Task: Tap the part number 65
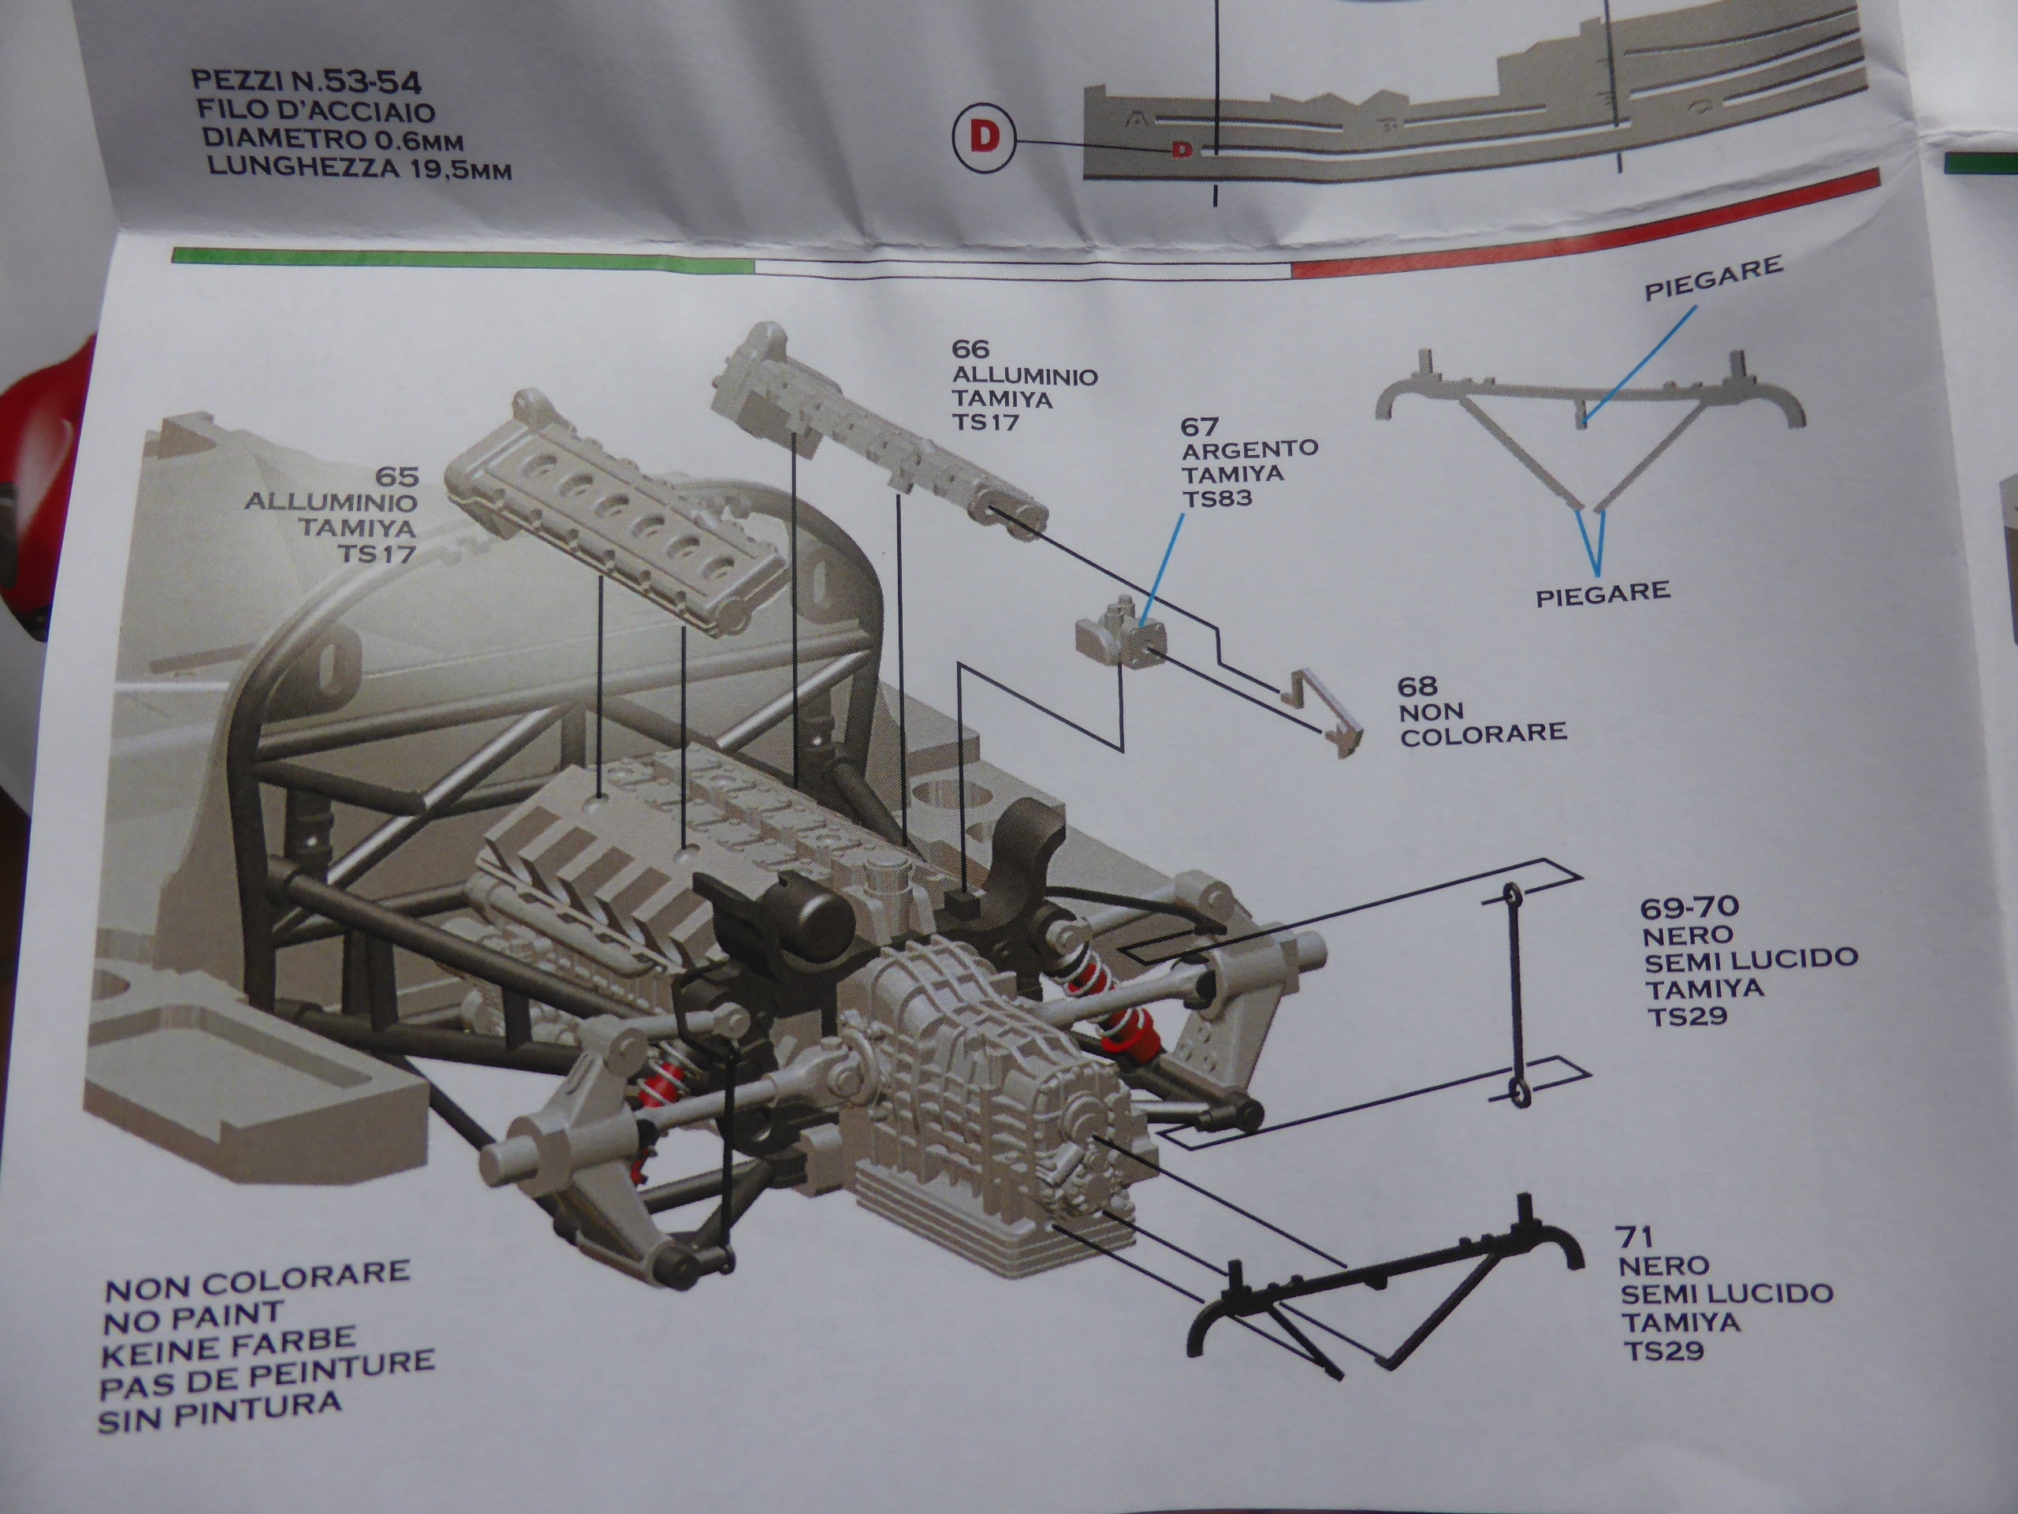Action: coord(397,476)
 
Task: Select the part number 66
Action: coord(970,349)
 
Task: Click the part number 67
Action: coord(1200,426)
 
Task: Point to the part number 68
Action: coord(1417,685)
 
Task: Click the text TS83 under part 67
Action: coord(1217,498)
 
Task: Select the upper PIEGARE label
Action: coord(1712,278)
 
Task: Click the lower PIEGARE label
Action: coord(1603,594)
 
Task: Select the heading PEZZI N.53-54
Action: coord(307,82)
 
